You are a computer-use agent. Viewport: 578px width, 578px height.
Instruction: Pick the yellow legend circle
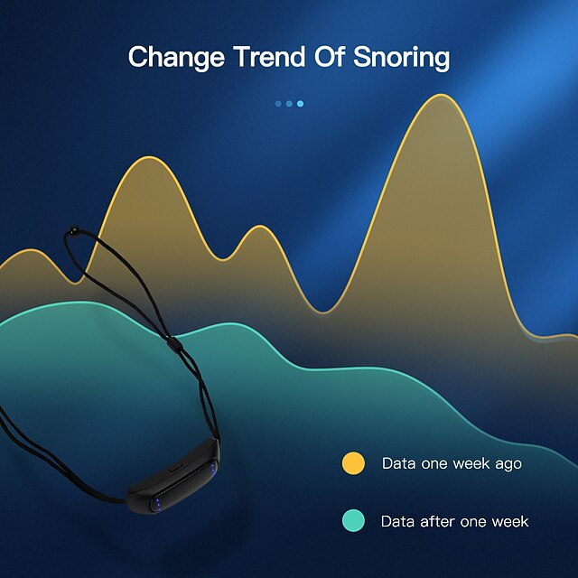pyautogui.click(x=353, y=463)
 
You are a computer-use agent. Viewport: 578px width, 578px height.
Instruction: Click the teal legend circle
pyautogui.click(x=353, y=521)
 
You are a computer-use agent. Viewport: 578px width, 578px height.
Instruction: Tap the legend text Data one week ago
pyautogui.click(x=452, y=463)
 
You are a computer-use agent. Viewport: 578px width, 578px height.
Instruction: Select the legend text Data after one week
pyautogui.click(x=454, y=521)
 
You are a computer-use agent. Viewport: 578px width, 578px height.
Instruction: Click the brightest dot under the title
pyautogui.click(x=300, y=104)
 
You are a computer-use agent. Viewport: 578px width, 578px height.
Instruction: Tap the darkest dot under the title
pyautogui.click(x=278, y=104)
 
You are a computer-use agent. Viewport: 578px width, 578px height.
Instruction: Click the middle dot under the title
pyautogui.click(x=289, y=104)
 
